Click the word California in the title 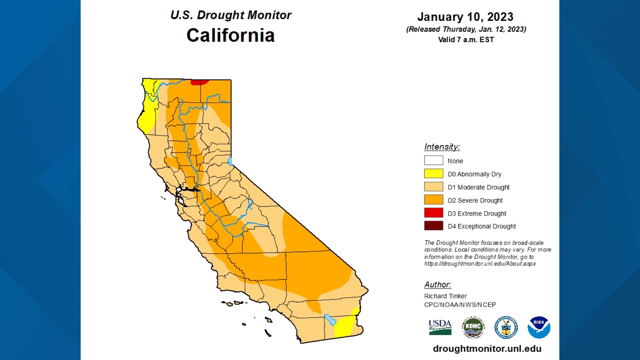tap(230, 35)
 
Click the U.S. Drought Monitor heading tap(231, 15)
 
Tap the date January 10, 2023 tap(465, 17)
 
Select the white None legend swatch tap(433, 160)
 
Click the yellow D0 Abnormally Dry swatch tap(433, 174)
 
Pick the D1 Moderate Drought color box tap(433, 187)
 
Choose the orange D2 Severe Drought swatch tap(433, 200)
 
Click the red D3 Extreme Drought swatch tap(433, 213)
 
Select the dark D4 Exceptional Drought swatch tap(433, 226)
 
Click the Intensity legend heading tap(442, 147)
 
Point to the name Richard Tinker tap(445, 296)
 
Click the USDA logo tap(440, 327)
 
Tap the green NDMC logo tap(473, 327)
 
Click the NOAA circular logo tap(539, 327)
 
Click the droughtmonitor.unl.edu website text tap(487, 349)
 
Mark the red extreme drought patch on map tap(199, 82)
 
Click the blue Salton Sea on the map tap(330, 319)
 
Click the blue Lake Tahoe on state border tap(230, 162)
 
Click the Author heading tap(437, 285)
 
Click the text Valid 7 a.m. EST tap(466, 40)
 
